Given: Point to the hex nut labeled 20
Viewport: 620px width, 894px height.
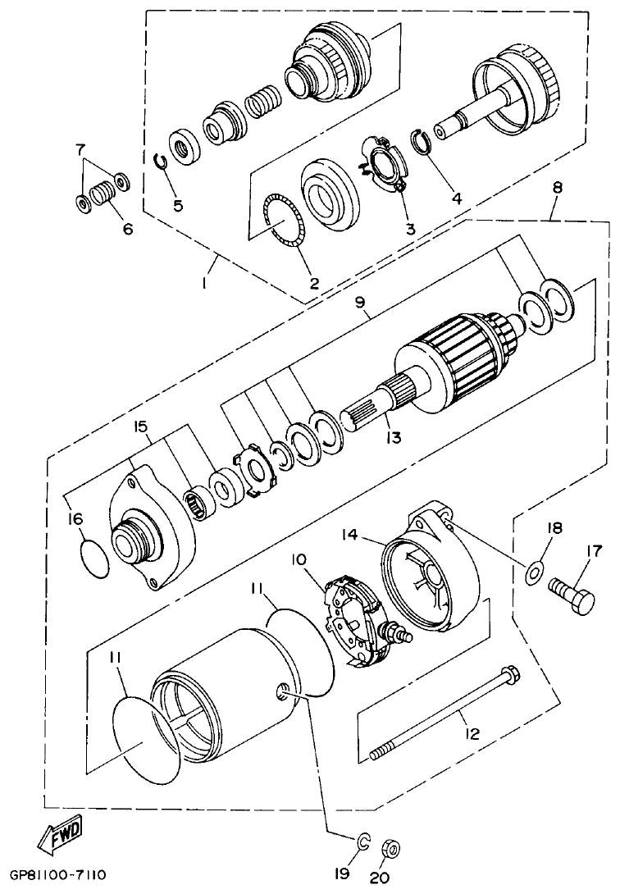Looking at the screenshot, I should (x=392, y=846).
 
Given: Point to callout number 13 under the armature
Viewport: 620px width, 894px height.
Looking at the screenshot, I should (x=394, y=438).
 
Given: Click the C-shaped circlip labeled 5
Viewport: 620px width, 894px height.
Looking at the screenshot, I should (x=164, y=158).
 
